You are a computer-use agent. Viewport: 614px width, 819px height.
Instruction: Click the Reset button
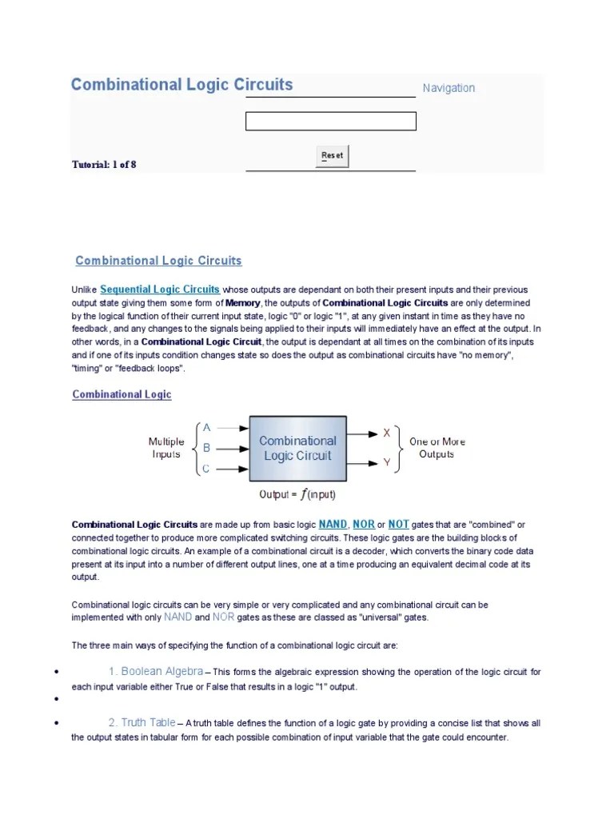click(x=332, y=155)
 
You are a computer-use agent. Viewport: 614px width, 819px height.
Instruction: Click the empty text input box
click(x=330, y=122)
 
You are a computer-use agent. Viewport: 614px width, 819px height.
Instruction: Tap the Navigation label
click(x=449, y=88)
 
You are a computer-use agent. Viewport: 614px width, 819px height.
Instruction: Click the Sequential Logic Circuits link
click(x=160, y=289)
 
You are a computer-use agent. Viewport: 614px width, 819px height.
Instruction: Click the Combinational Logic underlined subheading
click(x=122, y=394)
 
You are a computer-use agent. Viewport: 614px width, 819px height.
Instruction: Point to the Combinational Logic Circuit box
click(x=297, y=448)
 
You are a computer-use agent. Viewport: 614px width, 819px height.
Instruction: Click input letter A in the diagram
click(x=207, y=428)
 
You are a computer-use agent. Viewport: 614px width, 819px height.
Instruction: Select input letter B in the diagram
click(x=206, y=449)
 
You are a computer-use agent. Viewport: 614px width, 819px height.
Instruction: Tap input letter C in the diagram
click(x=206, y=469)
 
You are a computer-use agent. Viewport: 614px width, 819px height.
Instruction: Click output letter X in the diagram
click(x=387, y=433)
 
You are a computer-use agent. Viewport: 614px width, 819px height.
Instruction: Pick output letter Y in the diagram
click(x=387, y=462)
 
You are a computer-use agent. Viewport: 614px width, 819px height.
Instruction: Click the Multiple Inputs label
click(x=166, y=448)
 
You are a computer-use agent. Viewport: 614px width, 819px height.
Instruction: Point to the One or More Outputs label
click(x=437, y=448)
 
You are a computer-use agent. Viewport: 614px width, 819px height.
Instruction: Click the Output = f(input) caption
click(x=297, y=494)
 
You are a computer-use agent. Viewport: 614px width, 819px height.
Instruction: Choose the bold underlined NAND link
click(x=333, y=525)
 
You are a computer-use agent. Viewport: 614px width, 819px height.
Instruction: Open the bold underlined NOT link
click(x=398, y=525)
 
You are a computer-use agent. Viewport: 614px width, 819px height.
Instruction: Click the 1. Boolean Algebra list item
click(x=156, y=671)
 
